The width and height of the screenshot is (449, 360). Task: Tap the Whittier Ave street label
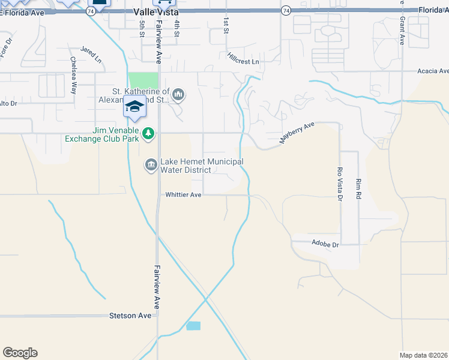click(x=183, y=194)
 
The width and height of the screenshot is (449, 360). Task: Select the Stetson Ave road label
click(x=130, y=316)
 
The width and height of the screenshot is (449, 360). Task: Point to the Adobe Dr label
click(x=325, y=244)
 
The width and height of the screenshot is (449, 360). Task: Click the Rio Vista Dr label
click(x=340, y=184)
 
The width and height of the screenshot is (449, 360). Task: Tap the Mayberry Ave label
click(x=297, y=133)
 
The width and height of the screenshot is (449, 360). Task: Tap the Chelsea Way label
click(x=73, y=75)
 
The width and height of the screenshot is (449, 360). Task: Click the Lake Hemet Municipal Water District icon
click(x=151, y=164)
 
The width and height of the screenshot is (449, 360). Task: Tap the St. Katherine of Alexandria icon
click(x=179, y=94)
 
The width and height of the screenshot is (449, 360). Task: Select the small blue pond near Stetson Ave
click(x=193, y=326)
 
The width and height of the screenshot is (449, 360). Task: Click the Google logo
click(x=20, y=353)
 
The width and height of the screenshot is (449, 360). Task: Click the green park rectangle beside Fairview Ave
click(x=143, y=80)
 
